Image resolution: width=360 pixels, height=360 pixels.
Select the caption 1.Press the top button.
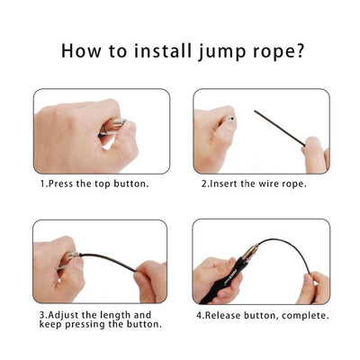[x=94, y=184]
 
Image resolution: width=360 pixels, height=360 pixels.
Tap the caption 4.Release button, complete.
[x=262, y=316]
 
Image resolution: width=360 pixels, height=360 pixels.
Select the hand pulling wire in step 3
[x=150, y=280]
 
